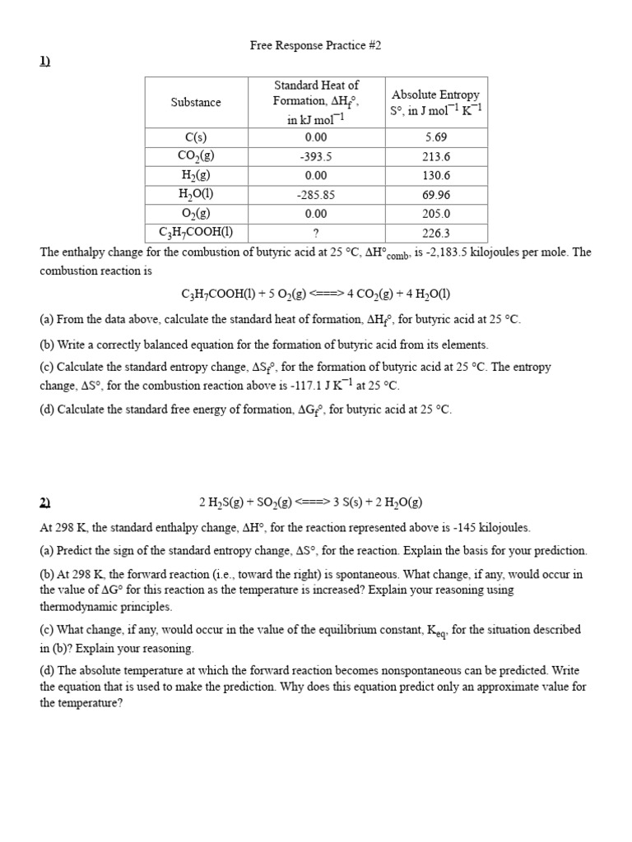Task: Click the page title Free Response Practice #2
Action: pos(316,46)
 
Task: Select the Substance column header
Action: pos(196,103)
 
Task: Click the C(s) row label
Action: pos(196,137)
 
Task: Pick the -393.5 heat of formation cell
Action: pos(316,157)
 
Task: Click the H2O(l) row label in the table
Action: pos(196,195)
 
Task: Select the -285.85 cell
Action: pos(316,196)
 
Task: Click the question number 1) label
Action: pos(45,67)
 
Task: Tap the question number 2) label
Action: pos(45,502)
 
